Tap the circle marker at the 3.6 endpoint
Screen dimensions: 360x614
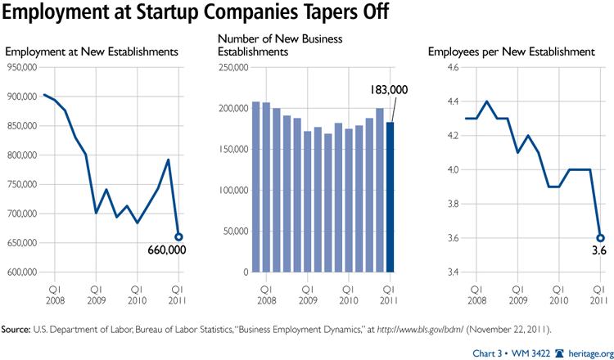click(600, 238)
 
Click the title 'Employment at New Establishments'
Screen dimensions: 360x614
click(91, 52)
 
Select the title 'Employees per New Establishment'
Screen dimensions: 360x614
click(512, 52)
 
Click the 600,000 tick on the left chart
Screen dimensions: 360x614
click(22, 272)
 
